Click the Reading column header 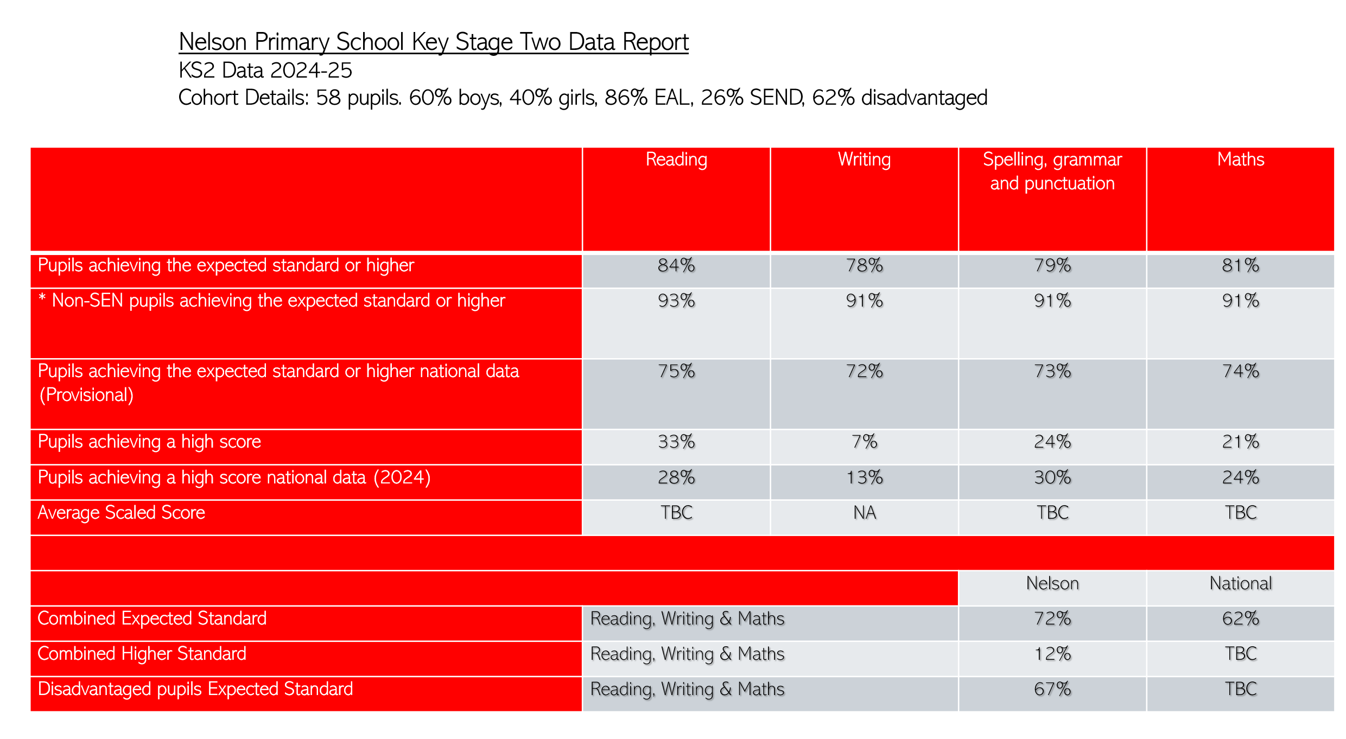tap(676, 160)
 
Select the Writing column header tap(864, 160)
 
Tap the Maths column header tap(1240, 160)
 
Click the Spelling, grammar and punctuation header tap(1052, 171)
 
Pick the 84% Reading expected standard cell tap(676, 265)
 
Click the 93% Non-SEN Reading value tap(676, 301)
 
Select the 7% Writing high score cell tap(864, 442)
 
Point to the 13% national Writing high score tap(864, 477)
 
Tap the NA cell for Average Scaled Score tap(864, 513)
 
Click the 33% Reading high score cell tap(676, 442)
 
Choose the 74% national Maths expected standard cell tap(1240, 371)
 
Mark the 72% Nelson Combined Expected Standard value tap(1052, 619)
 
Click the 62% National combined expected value tap(1240, 619)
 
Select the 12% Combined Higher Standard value tap(1052, 654)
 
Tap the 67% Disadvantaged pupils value tap(1052, 689)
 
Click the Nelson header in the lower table tap(1052, 583)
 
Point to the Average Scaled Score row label tap(121, 513)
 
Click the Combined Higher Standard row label tap(142, 654)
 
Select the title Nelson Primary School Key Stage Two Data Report tap(433, 42)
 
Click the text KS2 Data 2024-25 tap(265, 71)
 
